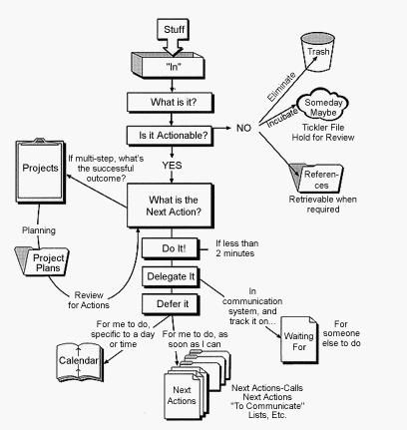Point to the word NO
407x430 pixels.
[x=243, y=128]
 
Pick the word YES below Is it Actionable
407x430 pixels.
[x=172, y=166]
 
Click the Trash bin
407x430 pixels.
[x=317, y=51]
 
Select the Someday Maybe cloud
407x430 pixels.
[x=323, y=107]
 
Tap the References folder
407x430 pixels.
[x=316, y=179]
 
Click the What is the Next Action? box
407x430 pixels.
[x=170, y=206]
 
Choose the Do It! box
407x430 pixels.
[x=171, y=248]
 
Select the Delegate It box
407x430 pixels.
[x=171, y=276]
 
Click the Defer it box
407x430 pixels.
[x=171, y=304]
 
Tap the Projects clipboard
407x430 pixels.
[x=41, y=172]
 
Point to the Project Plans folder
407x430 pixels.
[x=43, y=261]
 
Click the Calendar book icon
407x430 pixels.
[x=79, y=362]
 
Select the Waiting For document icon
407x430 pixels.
[x=299, y=340]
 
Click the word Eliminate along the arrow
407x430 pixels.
[x=281, y=87]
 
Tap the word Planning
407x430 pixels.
[x=39, y=230]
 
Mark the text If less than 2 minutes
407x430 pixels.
[x=236, y=248]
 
